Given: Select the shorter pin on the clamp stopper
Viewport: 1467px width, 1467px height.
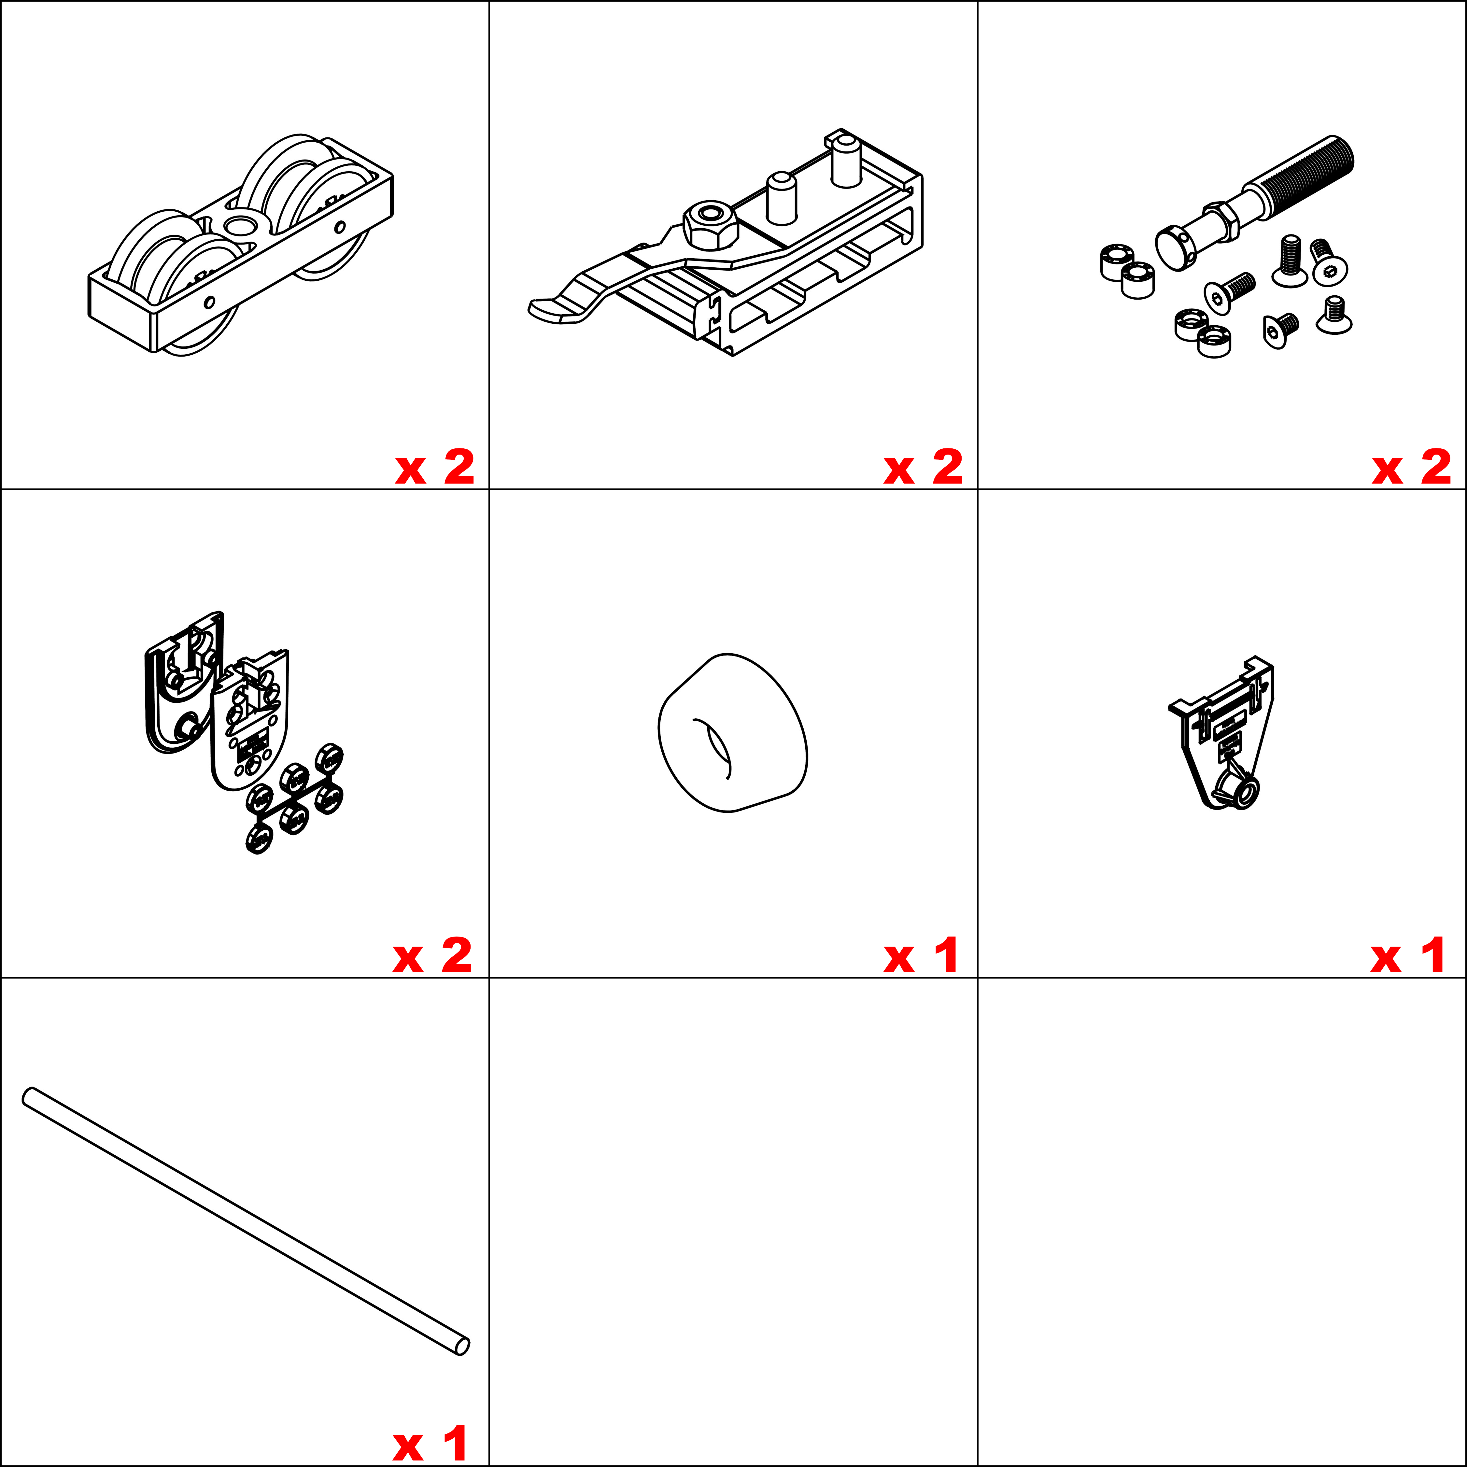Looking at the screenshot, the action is pyautogui.click(x=781, y=197).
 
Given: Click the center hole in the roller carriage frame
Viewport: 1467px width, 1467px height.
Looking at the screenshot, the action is pyautogui.click(x=241, y=225).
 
